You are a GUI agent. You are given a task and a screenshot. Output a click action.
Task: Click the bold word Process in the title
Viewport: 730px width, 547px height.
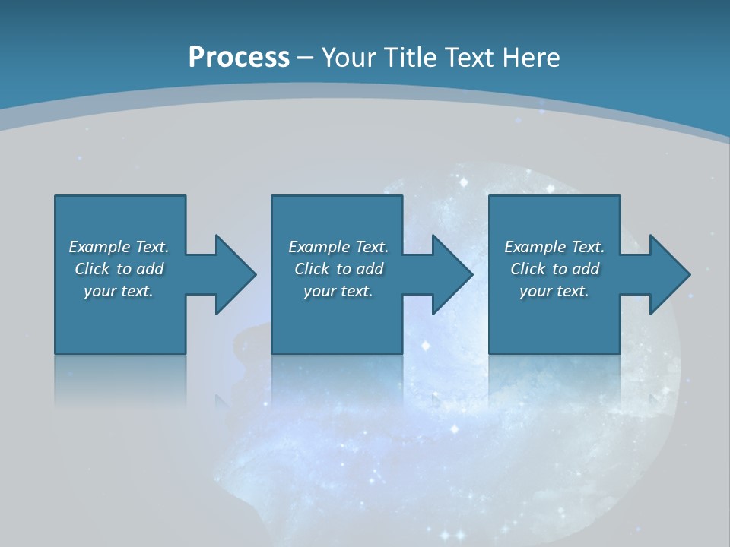tap(239, 58)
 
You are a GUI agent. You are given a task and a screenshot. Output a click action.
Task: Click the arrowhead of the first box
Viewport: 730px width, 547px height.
tap(236, 274)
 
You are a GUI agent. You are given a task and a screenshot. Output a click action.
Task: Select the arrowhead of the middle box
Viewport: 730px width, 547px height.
tap(452, 274)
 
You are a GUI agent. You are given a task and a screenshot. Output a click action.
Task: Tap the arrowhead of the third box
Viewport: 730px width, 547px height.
tap(670, 274)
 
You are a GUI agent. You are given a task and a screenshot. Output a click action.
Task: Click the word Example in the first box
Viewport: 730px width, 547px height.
tap(99, 247)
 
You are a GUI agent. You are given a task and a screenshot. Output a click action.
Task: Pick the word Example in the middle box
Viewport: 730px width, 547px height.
tap(319, 247)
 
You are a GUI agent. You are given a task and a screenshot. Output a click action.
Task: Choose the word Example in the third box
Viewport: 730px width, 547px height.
tap(535, 247)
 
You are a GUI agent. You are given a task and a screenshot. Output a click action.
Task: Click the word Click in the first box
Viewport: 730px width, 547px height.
tap(92, 269)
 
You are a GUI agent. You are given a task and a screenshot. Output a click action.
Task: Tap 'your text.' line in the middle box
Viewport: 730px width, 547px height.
tap(338, 291)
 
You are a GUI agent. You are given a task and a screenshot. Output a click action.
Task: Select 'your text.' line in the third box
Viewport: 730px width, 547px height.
tap(554, 291)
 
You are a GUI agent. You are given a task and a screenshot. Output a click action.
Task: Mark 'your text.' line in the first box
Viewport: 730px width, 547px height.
tap(119, 291)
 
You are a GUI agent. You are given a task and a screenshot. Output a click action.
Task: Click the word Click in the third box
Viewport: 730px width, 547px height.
tap(528, 269)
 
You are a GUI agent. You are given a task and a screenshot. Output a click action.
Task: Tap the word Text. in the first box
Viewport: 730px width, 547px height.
tap(151, 247)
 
